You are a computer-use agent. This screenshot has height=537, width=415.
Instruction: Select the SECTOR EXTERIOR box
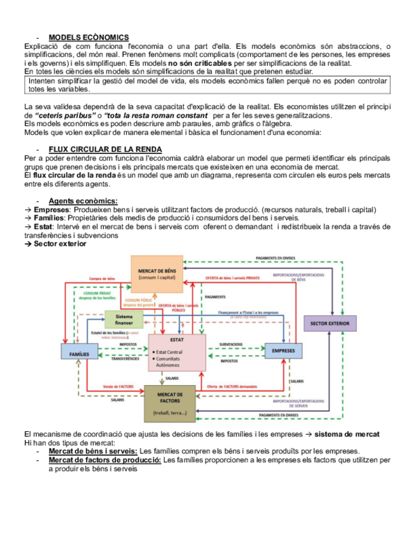coord(329,324)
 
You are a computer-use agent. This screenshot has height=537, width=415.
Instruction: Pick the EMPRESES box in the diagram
coord(283,350)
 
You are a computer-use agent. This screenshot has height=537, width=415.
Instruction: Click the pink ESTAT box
coord(177,351)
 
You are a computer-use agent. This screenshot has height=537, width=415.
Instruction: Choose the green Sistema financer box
coord(124,320)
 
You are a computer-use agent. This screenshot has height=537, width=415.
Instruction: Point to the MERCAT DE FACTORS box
coord(169,403)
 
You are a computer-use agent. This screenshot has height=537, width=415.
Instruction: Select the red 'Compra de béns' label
coord(103,279)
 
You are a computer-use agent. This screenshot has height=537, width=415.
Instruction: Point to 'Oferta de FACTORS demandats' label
coord(232,386)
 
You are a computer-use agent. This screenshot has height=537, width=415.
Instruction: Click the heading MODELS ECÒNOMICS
coord(89,37)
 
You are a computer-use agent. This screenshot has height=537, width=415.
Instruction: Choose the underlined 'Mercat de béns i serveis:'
coord(93,451)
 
